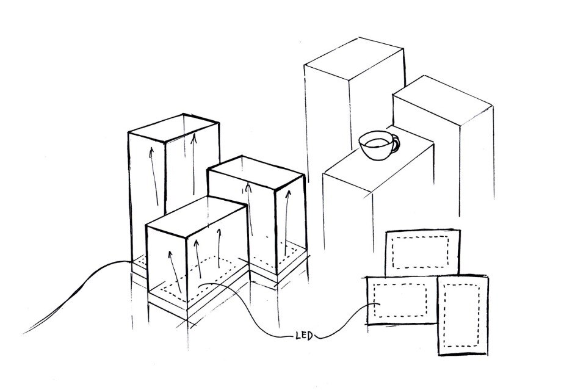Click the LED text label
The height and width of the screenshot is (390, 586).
(304, 336)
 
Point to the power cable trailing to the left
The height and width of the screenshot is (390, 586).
(74, 295)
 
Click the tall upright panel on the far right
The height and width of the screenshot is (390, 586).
(463, 316)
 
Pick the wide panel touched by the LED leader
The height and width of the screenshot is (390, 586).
(402, 300)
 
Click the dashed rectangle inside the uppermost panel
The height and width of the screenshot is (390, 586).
(420, 252)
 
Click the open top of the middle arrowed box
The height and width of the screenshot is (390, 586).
(256, 173)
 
